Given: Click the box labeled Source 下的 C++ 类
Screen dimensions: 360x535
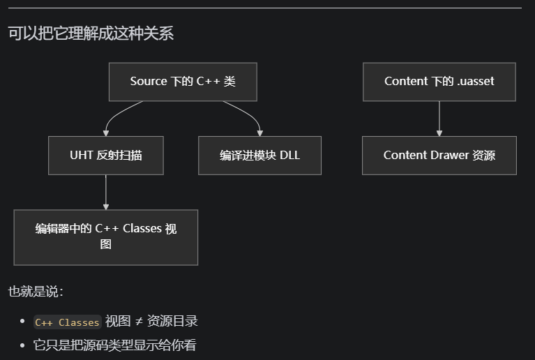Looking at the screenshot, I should (183, 82).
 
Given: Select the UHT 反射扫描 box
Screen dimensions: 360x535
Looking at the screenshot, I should (106, 155).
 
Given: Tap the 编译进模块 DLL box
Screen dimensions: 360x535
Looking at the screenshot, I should (259, 155).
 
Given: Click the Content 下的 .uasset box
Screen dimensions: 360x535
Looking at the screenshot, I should (439, 82).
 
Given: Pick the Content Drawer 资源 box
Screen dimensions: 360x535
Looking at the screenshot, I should (439, 155).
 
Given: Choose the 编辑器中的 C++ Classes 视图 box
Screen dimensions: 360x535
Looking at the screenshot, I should (106, 237).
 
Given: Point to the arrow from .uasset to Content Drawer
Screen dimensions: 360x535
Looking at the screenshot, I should (439, 119).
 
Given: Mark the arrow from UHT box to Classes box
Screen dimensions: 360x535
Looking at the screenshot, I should (106, 192).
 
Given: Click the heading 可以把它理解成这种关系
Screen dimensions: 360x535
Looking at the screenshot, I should (91, 33).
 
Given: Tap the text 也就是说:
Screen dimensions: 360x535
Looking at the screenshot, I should (36, 292).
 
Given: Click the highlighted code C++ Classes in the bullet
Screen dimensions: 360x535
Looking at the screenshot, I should (68, 322).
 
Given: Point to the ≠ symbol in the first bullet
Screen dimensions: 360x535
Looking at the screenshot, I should (139, 321).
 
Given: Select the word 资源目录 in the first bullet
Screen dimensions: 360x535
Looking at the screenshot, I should (172, 321).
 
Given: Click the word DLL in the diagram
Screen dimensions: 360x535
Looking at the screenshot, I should (289, 155).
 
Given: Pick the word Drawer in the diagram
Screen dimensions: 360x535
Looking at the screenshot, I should (446, 155).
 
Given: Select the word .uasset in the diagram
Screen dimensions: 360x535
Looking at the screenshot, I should (475, 82).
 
